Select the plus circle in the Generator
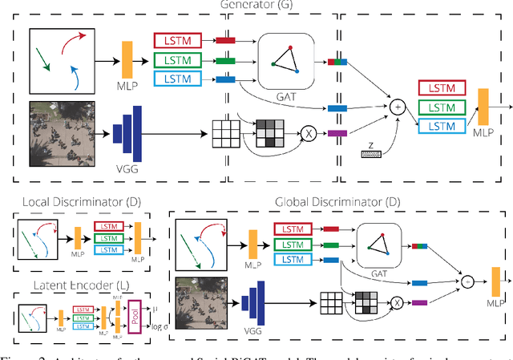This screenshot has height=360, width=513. coord(397,104)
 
